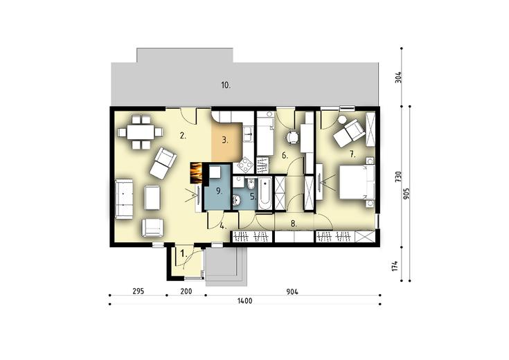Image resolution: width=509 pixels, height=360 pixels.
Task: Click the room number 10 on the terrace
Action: tap(225, 85)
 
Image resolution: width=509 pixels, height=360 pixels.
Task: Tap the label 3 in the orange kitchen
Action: tap(225, 139)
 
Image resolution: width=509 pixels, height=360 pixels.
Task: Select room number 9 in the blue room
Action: tap(218, 189)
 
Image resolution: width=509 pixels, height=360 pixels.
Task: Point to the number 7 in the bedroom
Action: tap(352, 153)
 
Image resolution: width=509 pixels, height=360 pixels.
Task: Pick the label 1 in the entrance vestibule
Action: tap(183, 254)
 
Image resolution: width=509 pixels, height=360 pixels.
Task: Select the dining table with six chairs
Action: tap(140, 132)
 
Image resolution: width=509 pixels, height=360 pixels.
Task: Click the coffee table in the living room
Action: tap(152, 198)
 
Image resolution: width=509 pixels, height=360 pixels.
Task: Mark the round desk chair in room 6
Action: tap(293, 137)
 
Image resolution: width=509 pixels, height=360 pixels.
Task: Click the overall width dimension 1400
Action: tap(244, 301)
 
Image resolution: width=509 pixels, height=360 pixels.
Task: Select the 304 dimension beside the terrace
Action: tap(398, 77)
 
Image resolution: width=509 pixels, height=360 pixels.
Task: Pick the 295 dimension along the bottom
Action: tap(138, 292)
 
